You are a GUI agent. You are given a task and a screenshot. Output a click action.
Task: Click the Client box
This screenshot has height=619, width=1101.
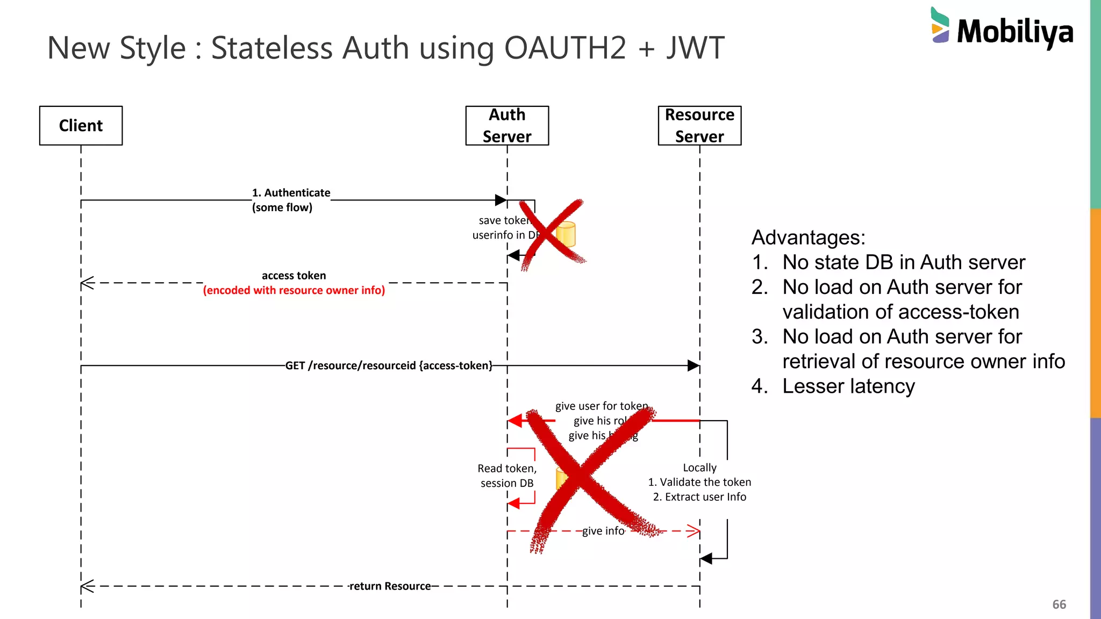click(81, 126)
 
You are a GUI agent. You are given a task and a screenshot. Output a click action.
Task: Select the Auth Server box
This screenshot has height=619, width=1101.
click(507, 126)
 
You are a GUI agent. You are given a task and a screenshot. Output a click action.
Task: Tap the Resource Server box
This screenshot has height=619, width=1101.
click(699, 126)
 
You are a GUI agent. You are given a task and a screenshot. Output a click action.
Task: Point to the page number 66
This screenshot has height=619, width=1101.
click(1059, 604)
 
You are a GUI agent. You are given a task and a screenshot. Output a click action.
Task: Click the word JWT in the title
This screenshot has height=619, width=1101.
click(695, 48)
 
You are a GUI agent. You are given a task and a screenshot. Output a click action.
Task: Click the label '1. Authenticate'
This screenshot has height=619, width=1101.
click(291, 193)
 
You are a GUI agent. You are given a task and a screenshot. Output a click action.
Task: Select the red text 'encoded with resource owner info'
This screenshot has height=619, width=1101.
click(294, 291)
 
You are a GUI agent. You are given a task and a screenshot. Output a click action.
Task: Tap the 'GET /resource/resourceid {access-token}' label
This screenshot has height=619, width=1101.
click(389, 366)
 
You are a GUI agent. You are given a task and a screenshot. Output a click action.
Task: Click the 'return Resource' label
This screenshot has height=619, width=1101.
click(390, 586)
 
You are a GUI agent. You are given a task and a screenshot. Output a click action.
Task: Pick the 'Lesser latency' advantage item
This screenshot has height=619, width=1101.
click(848, 386)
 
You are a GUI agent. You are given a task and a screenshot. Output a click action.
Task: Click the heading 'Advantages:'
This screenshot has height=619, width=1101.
click(808, 237)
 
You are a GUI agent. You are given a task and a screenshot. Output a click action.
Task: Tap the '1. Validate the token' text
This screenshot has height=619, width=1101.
click(699, 483)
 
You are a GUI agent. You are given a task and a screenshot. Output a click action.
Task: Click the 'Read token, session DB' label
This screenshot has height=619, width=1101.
click(507, 476)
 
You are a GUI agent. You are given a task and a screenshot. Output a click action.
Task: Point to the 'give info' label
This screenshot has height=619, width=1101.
click(603, 531)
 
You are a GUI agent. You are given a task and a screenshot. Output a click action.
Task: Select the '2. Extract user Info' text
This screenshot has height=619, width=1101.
click(699, 497)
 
